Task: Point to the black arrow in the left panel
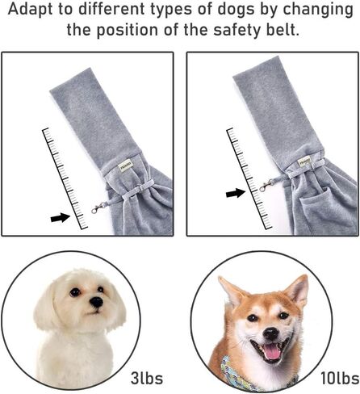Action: click(61, 217)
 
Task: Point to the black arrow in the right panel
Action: click(236, 193)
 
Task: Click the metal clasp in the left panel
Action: click(98, 208)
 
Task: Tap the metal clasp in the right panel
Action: click(265, 186)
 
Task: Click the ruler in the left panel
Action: click(65, 178)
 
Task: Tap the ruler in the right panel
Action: click(249, 178)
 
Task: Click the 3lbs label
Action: click(147, 378)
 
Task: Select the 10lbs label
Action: click(340, 378)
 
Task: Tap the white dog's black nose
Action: click(96, 301)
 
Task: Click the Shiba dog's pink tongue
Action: click(272, 352)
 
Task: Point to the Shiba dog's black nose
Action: click(271, 333)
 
